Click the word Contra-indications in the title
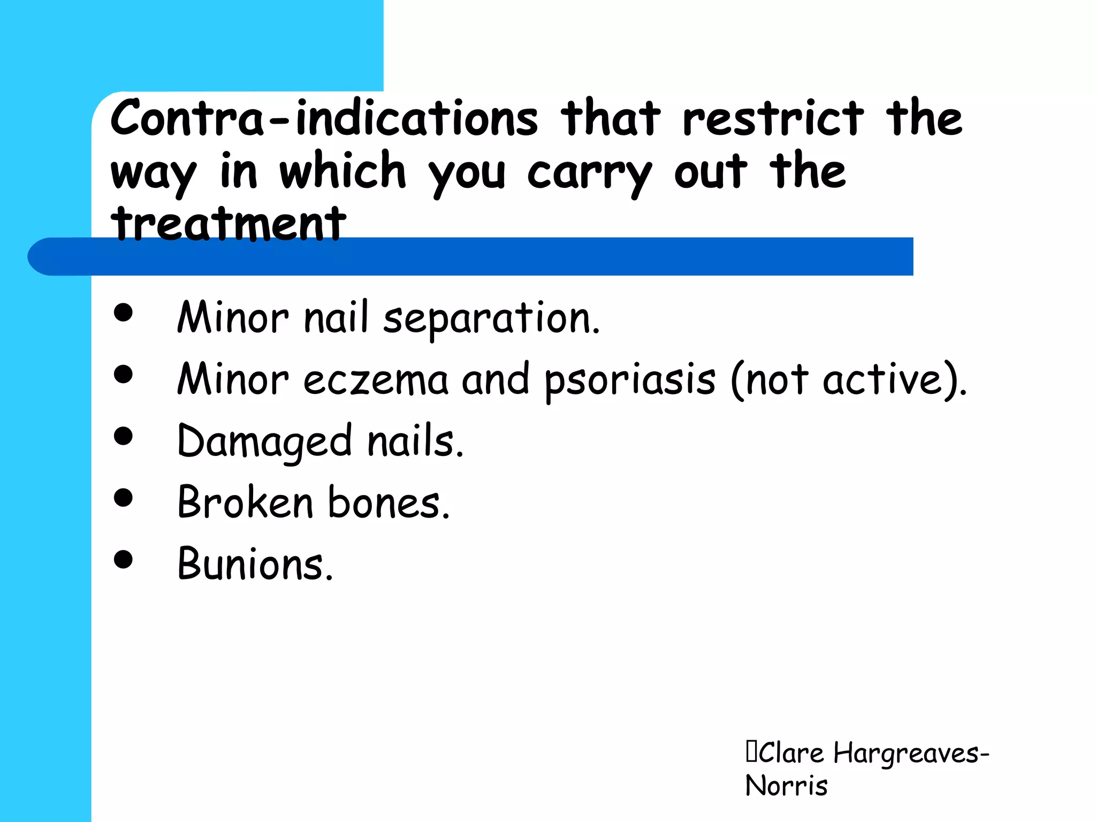324,118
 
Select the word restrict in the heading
773,118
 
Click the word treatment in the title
229,224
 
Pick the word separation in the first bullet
491,318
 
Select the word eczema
376,380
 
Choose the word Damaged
264,442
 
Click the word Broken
245,503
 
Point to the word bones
389,503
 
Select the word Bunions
255,564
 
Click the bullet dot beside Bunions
123,559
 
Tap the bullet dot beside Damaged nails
123,436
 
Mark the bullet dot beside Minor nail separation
123,313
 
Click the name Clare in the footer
791,753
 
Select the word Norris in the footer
786,786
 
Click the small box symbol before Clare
751,751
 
